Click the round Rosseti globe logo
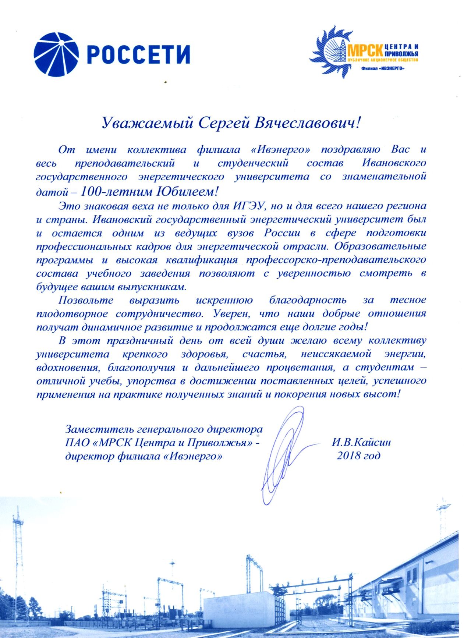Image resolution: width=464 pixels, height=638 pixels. click(56, 54)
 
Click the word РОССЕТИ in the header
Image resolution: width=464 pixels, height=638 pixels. click(140, 54)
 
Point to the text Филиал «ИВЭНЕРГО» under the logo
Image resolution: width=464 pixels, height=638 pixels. click(382, 68)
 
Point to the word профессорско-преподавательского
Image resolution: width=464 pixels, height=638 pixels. click(336, 260)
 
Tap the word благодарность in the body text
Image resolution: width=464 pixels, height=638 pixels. click(308, 300)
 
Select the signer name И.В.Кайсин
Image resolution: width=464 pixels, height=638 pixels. click(361, 442)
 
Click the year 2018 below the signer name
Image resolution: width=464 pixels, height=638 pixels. click(349, 456)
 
